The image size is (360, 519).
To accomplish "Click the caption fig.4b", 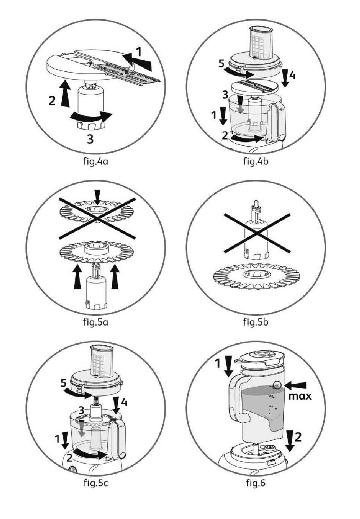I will click(x=256, y=163).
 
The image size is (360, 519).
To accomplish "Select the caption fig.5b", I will click(x=256, y=323).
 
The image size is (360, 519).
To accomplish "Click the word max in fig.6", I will click(x=300, y=397).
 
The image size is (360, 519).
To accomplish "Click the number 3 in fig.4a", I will click(x=90, y=139).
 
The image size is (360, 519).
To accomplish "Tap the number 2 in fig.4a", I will click(x=52, y=100).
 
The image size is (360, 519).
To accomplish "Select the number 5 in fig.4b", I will click(x=222, y=63).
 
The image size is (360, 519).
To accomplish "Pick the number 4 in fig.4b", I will click(x=292, y=75).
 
